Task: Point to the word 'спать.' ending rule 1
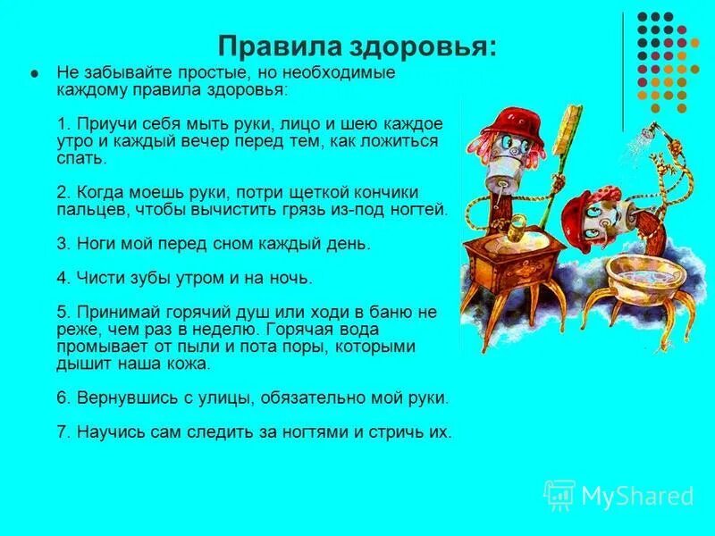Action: tap(81, 158)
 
